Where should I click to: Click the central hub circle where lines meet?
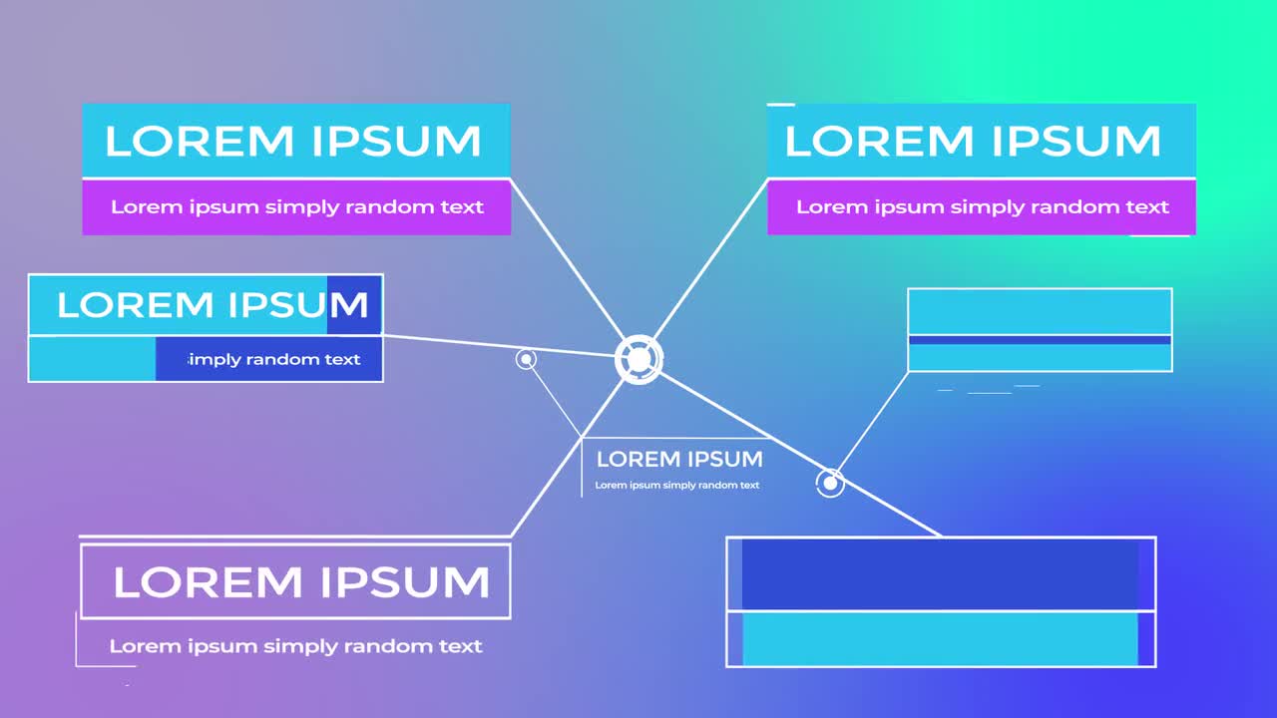638,360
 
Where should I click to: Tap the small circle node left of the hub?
526,359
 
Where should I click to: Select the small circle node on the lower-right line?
830,484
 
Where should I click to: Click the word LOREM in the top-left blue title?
199,142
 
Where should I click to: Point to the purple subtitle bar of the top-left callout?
296,207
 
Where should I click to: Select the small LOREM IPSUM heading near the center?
679,460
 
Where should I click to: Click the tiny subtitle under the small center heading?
677,486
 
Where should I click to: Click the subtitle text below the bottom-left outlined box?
295,646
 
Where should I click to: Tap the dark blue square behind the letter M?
354,304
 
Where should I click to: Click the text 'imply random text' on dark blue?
274,360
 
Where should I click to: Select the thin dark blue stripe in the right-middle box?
1040,340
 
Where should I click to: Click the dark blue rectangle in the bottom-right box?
940,574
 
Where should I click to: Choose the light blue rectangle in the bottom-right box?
940,639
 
